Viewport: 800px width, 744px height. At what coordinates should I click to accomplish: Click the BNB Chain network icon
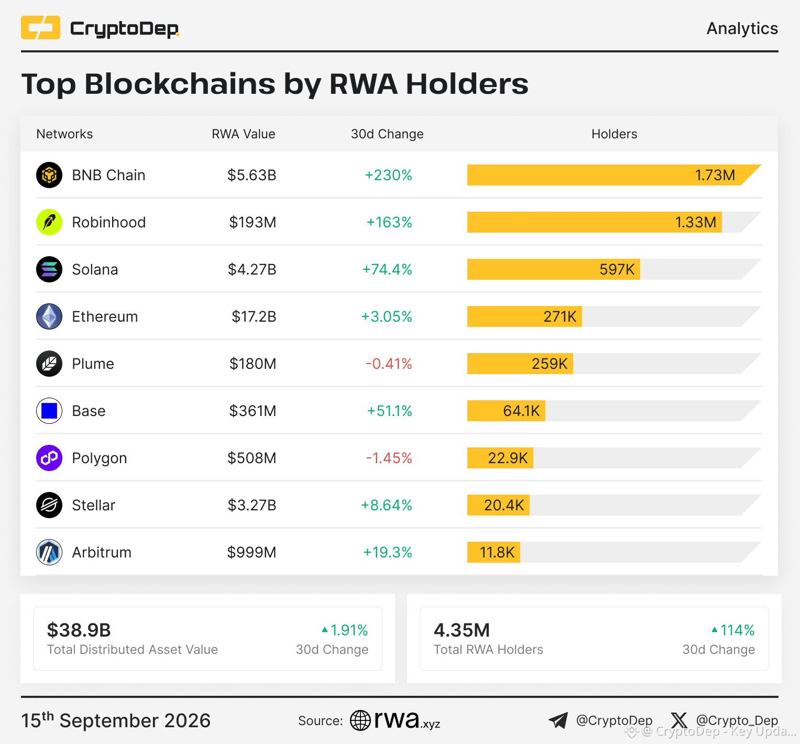[x=49, y=175]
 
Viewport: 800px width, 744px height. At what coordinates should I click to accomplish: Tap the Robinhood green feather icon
[x=49, y=222]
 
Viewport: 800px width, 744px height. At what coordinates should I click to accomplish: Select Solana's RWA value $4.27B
[x=252, y=269]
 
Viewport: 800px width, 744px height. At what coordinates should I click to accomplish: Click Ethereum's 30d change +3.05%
[x=387, y=316]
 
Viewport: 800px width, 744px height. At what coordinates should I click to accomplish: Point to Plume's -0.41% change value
[x=389, y=364]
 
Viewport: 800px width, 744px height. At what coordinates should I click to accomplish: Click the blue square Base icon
[x=49, y=411]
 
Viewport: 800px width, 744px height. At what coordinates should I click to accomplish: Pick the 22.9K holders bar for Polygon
[x=500, y=458]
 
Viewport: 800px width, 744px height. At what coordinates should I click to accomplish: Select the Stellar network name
[x=94, y=505]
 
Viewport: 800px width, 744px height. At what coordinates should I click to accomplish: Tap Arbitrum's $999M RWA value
[x=251, y=552]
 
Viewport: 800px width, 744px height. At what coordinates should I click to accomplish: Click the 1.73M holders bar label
[x=715, y=175]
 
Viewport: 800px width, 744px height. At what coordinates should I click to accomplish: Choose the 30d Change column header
[x=387, y=134]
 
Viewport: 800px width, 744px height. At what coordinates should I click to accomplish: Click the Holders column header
[x=615, y=134]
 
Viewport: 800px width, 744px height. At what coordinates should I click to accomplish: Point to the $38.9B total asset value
[x=79, y=630]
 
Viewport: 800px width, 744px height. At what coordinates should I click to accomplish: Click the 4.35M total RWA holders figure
[x=462, y=630]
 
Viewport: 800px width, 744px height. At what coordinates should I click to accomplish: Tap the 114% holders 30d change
[x=733, y=630]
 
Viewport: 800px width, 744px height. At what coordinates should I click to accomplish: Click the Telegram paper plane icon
[x=558, y=720]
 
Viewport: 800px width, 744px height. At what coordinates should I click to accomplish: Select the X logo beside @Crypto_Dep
[x=679, y=720]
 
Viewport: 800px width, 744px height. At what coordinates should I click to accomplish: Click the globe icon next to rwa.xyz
[x=360, y=720]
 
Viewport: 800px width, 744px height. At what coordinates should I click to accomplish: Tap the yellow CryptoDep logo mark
[x=40, y=28]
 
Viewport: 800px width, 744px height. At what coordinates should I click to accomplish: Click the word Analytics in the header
[x=742, y=28]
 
